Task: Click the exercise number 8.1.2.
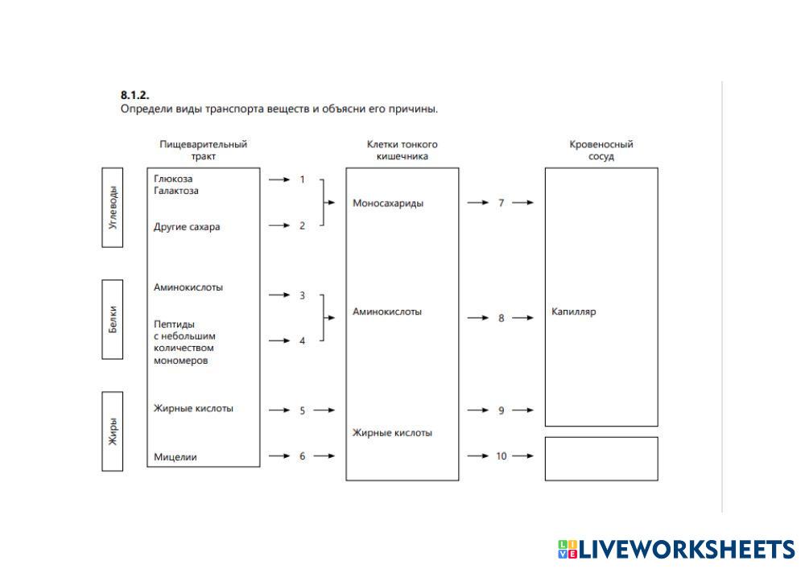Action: tap(134, 95)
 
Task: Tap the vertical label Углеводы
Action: tap(113, 208)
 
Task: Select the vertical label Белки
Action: tap(113, 319)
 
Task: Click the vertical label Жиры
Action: tap(113, 431)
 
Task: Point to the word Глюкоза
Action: tap(173, 179)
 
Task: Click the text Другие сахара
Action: tap(187, 227)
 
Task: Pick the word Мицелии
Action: tap(175, 457)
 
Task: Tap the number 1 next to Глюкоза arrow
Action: tap(303, 179)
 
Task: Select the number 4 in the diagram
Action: tap(303, 341)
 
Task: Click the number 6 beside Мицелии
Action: tap(303, 456)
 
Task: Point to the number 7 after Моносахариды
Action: tap(501, 203)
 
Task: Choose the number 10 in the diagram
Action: tap(501, 456)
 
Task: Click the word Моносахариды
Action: tap(388, 203)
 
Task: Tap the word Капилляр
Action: tap(574, 312)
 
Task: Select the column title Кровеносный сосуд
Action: tap(601, 150)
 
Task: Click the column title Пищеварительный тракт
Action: tap(204, 150)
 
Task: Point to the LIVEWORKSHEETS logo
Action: tap(675, 549)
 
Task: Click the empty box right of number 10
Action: tap(601, 459)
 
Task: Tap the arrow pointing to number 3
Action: tap(279, 295)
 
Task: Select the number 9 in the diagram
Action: tap(501, 410)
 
